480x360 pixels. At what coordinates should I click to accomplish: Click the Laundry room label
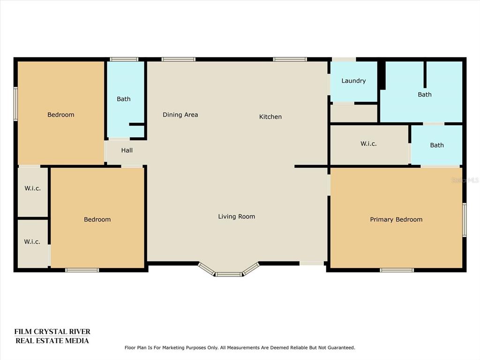[x=353, y=81]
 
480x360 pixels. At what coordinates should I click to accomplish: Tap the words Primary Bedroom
[x=396, y=219]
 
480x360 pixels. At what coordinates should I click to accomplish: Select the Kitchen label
[x=270, y=117]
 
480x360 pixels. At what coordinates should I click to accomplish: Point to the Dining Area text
[x=180, y=115]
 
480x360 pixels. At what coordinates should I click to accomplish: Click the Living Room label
[x=237, y=217]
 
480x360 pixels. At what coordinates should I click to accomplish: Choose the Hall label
[x=127, y=150]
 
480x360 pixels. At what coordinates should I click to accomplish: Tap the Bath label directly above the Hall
[x=124, y=99]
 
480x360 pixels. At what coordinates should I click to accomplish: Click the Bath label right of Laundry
[x=425, y=95]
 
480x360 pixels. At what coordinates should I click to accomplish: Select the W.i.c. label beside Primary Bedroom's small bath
[x=368, y=143]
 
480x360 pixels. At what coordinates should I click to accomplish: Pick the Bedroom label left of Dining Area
[x=61, y=115]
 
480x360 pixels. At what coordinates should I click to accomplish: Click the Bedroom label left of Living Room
[x=97, y=219]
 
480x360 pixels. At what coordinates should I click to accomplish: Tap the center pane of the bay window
[x=228, y=274]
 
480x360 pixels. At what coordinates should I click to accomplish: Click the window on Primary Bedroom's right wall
[x=465, y=220]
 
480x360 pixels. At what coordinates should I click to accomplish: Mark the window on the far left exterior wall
[x=15, y=104]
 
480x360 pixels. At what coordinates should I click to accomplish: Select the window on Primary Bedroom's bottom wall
[x=397, y=270]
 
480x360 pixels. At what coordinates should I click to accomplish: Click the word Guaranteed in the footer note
[x=341, y=348]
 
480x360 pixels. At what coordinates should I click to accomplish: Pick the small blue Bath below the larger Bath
[x=436, y=145]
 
